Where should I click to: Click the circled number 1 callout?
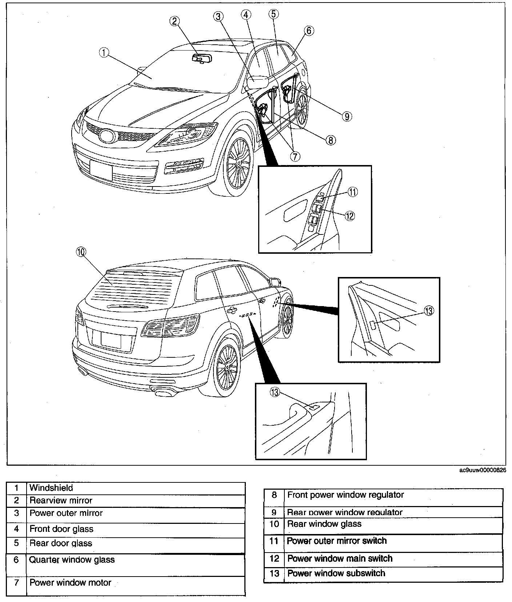(x=104, y=53)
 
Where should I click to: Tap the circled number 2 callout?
(x=175, y=21)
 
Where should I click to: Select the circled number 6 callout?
(x=309, y=31)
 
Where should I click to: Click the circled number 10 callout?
(x=80, y=252)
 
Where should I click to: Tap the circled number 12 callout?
(x=349, y=216)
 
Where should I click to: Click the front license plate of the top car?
(x=101, y=170)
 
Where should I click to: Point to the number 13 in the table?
(x=274, y=573)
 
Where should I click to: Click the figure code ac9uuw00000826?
(x=483, y=470)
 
